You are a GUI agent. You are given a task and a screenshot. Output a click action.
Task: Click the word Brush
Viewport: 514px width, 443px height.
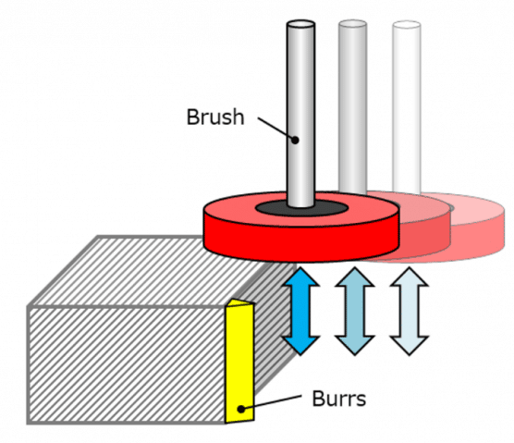click(x=215, y=117)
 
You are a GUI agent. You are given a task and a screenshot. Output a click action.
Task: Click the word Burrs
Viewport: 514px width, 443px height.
click(x=339, y=399)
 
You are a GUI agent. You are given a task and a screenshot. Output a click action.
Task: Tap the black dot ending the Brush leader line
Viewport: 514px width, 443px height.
click(x=295, y=140)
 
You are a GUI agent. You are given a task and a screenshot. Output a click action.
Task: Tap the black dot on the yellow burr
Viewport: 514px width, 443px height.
click(x=241, y=409)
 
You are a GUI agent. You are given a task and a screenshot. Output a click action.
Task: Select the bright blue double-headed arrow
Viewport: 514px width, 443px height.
click(x=300, y=311)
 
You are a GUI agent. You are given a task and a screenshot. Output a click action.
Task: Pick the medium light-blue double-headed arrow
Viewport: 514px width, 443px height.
click(x=355, y=311)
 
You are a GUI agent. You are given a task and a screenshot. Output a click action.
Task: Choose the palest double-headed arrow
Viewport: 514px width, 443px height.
click(x=410, y=311)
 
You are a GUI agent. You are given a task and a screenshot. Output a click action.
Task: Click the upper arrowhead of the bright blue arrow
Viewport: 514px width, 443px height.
click(x=300, y=277)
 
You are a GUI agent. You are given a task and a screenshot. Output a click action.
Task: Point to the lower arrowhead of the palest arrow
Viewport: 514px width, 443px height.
click(x=410, y=345)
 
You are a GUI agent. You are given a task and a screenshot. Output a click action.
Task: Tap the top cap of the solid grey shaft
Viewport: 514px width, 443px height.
click(x=300, y=24)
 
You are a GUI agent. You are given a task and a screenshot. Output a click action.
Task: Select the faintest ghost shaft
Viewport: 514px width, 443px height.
click(x=407, y=108)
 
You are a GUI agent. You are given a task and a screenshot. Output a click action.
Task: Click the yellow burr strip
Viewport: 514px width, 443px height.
click(x=239, y=361)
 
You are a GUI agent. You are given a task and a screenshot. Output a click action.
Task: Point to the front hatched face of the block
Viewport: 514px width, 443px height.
click(x=128, y=364)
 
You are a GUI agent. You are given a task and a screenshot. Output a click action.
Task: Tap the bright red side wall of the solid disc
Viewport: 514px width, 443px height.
click(x=301, y=242)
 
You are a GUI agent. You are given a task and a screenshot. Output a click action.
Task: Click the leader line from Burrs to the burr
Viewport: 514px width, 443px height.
click(x=271, y=402)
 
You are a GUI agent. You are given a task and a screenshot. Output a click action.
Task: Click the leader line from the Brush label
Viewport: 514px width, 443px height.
click(x=276, y=129)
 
